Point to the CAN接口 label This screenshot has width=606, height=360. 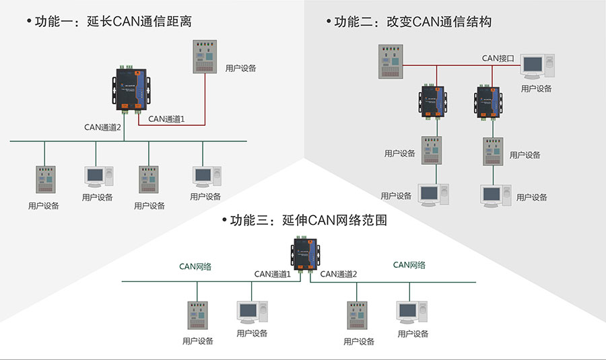coord(498,58)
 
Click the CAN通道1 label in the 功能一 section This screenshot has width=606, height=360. coord(166,118)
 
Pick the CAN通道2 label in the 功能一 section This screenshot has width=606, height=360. coord(102,127)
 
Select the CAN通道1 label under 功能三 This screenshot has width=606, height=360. coord(272,274)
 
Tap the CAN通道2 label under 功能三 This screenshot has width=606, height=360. coord(338,274)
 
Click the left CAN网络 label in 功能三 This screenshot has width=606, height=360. coord(195,266)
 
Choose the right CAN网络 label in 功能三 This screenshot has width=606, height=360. coord(409,265)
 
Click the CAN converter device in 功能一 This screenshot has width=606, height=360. coord(130,89)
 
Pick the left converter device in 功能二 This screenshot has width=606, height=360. coord(432,101)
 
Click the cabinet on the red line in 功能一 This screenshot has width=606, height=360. coord(205,58)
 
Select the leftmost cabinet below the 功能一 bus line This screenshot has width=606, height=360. coord(45,181)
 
